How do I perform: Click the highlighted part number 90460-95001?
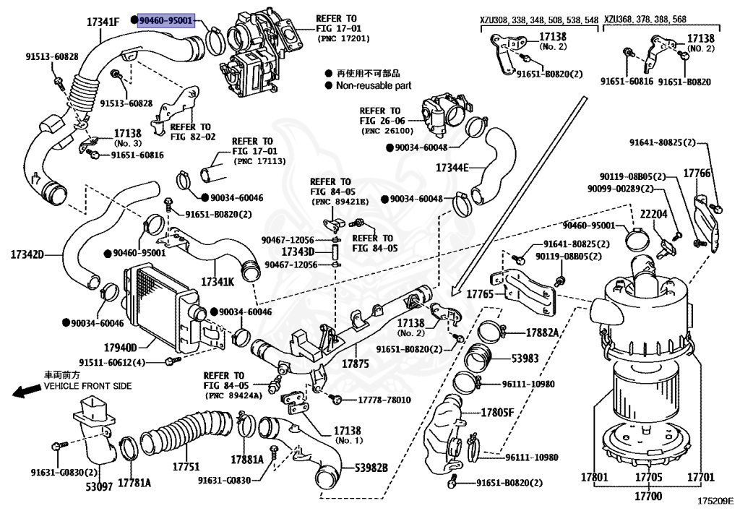click(x=166, y=22)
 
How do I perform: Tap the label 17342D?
click(x=27, y=254)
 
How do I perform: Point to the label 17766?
click(x=697, y=173)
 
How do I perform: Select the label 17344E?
click(x=452, y=168)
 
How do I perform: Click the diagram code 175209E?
click(x=715, y=499)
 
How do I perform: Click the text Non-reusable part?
click(x=374, y=85)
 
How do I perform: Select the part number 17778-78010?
click(x=384, y=400)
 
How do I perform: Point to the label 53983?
click(x=526, y=358)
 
